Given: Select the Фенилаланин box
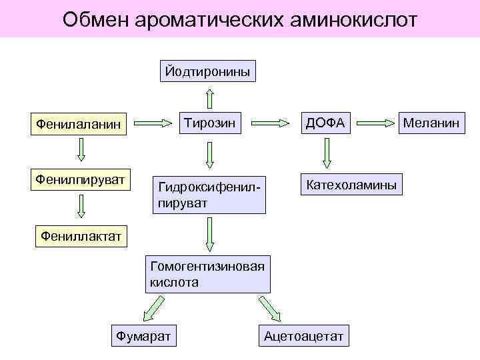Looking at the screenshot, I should [x=79, y=124].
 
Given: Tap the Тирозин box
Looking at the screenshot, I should [x=208, y=122].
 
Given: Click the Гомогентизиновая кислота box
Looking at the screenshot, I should [x=208, y=273].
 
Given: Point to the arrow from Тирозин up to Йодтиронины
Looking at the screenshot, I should [x=209, y=97].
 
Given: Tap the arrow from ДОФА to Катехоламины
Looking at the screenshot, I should [x=326, y=153].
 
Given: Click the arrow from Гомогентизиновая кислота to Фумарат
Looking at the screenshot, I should [x=153, y=308].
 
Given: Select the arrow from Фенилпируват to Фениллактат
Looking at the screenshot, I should [x=81, y=207].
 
